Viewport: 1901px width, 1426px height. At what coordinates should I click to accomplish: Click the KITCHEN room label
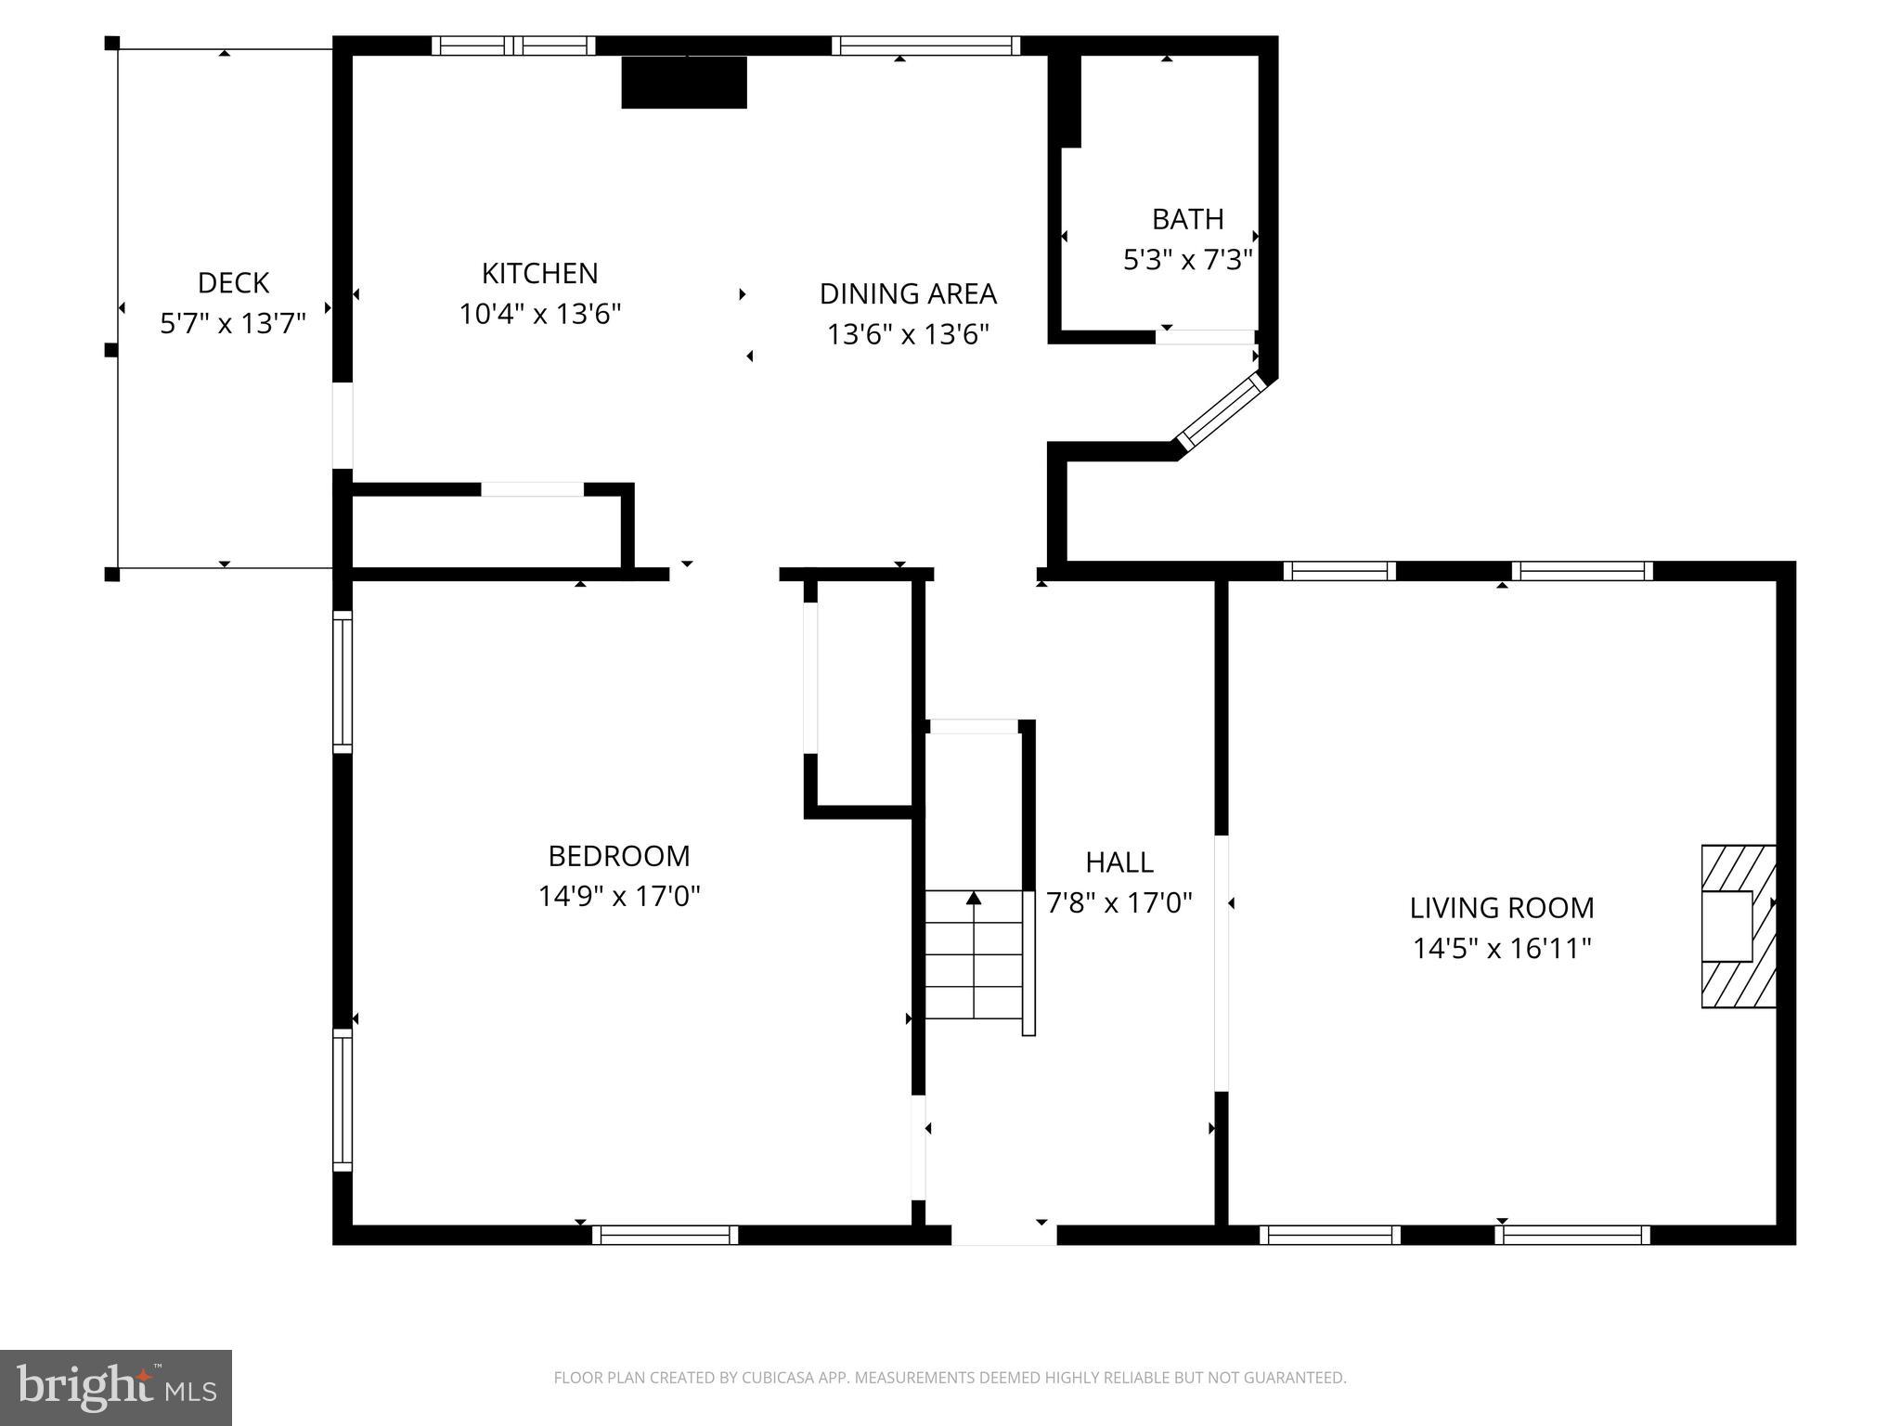(x=539, y=273)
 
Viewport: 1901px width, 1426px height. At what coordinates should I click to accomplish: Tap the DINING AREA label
(x=908, y=293)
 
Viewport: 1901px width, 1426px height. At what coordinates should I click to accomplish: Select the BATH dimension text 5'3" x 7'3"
(x=1188, y=259)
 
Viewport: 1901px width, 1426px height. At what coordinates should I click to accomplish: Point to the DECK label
(x=233, y=282)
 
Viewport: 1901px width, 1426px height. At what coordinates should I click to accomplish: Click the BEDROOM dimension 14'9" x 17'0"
(x=619, y=896)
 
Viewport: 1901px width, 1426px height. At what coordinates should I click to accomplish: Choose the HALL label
(x=1119, y=862)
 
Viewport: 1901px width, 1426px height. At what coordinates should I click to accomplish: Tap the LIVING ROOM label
(x=1502, y=907)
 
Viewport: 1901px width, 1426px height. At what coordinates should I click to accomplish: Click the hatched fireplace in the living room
(x=1739, y=926)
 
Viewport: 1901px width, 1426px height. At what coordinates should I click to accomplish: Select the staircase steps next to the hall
(x=974, y=954)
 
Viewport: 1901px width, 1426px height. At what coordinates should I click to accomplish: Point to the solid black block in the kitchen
(x=684, y=83)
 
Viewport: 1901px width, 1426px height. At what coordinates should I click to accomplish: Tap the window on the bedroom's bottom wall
(x=666, y=1235)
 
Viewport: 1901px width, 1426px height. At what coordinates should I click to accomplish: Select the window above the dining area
(x=925, y=45)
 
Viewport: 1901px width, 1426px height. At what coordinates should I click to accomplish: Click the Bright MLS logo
(x=116, y=1388)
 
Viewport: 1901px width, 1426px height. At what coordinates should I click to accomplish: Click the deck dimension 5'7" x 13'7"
(x=233, y=323)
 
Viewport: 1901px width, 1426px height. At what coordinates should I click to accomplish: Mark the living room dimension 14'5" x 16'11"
(x=1502, y=948)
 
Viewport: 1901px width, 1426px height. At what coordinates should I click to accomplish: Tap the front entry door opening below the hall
(x=1004, y=1235)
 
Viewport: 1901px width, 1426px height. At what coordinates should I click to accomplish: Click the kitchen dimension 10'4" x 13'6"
(x=539, y=314)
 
